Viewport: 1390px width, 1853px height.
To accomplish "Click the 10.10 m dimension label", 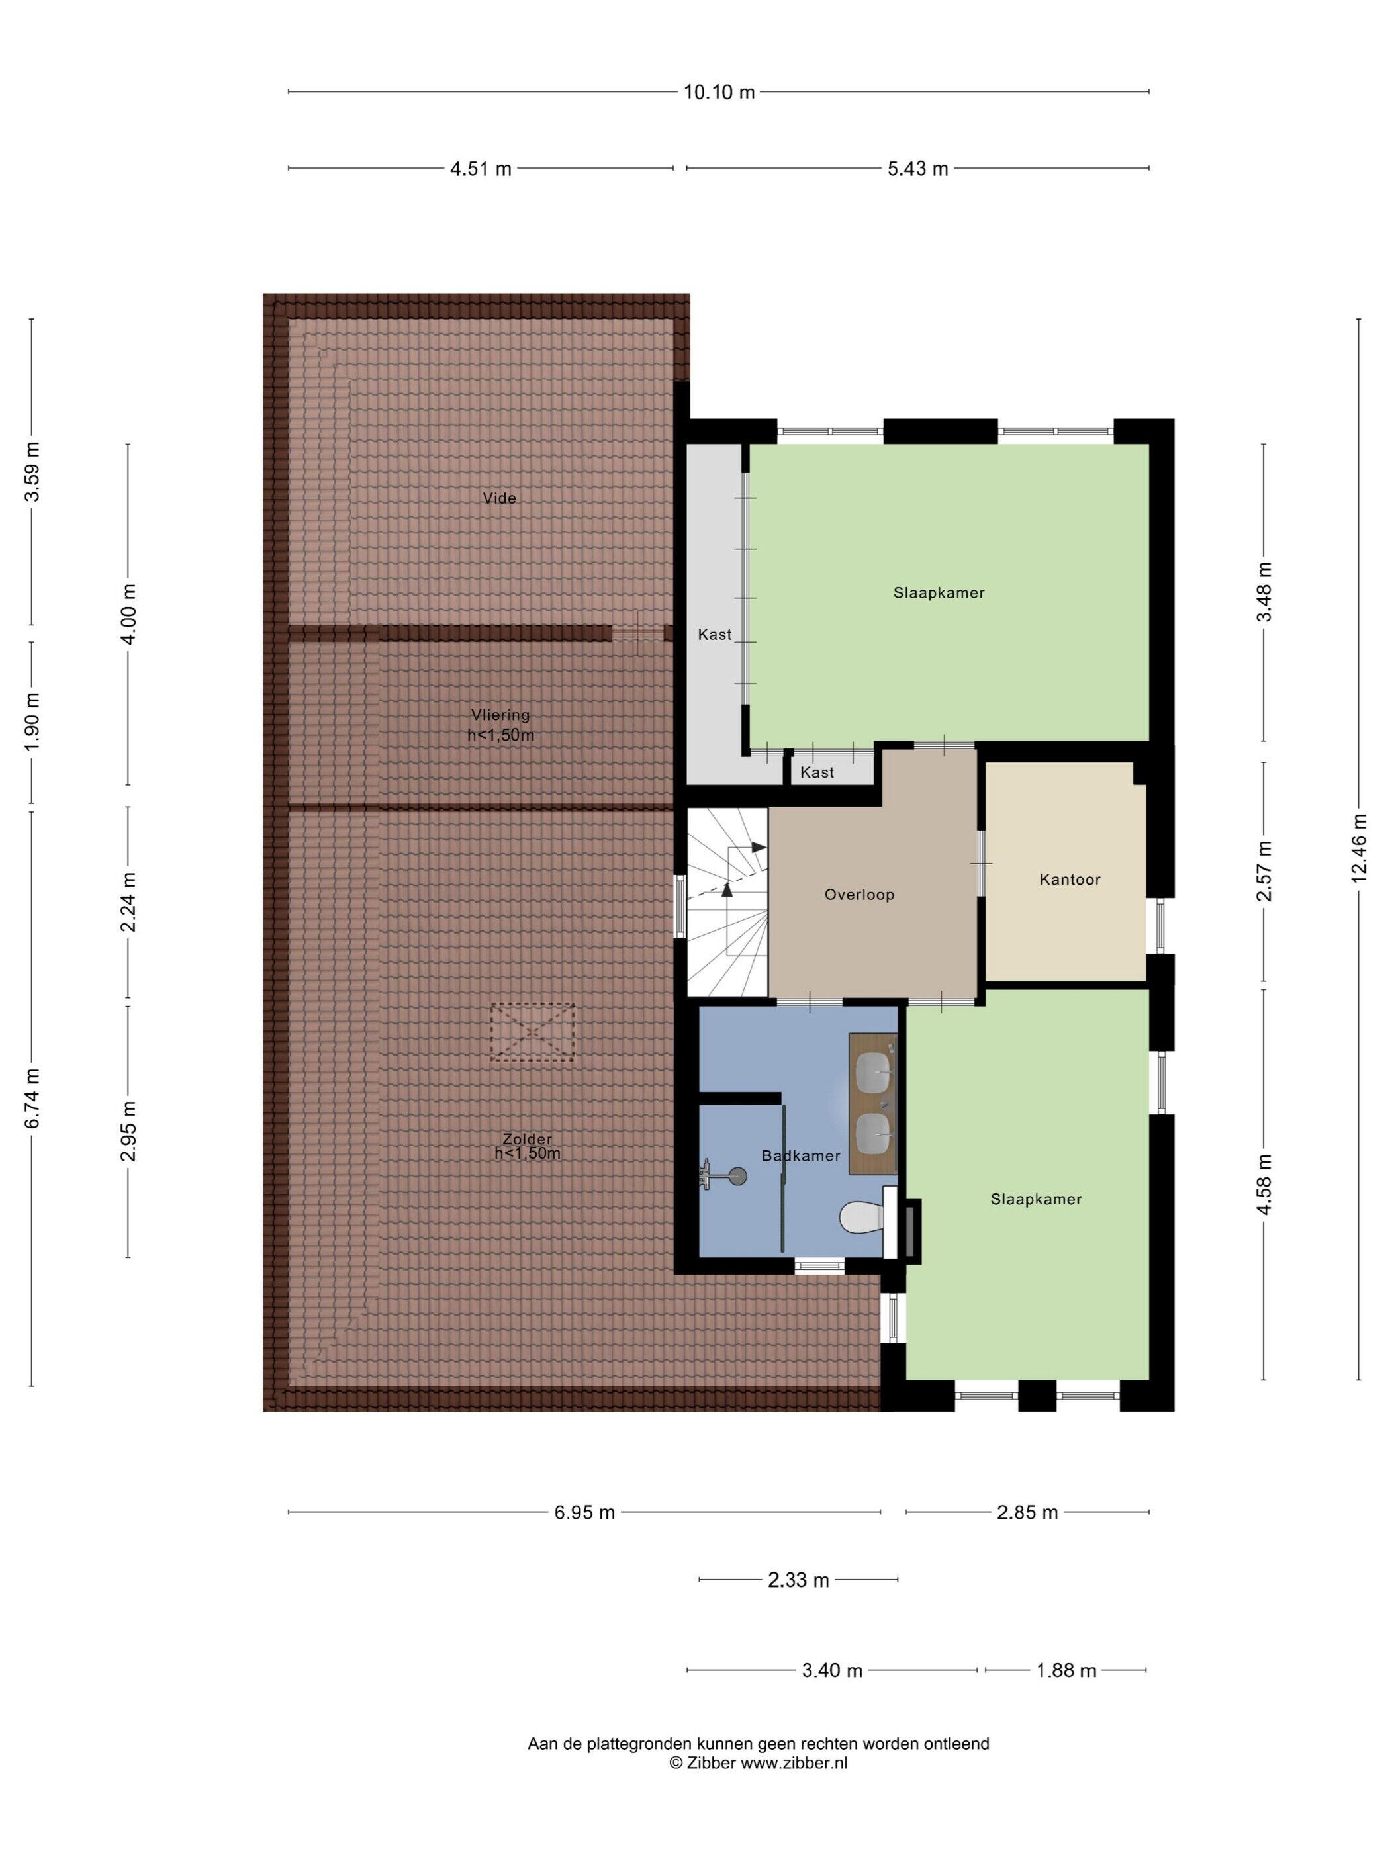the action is pyautogui.click(x=719, y=92).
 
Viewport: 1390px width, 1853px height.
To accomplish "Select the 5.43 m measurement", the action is pyautogui.click(x=917, y=168).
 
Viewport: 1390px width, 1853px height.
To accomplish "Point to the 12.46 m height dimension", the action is pyautogui.click(x=1358, y=847).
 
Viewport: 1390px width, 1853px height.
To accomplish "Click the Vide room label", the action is pyautogui.click(x=499, y=498).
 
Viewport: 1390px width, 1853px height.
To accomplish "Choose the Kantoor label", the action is pyautogui.click(x=1070, y=879).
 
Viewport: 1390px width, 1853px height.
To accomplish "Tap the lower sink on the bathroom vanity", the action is pyautogui.click(x=874, y=1131).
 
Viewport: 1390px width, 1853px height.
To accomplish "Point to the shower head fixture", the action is pyautogui.click(x=737, y=1176).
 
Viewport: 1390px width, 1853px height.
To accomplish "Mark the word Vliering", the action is pyautogui.click(x=500, y=715).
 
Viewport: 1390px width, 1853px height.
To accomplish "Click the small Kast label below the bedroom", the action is pyautogui.click(x=817, y=772).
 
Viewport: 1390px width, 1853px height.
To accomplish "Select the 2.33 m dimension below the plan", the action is pyautogui.click(x=798, y=1580).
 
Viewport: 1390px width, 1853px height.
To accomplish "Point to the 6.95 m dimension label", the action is pyautogui.click(x=584, y=1512).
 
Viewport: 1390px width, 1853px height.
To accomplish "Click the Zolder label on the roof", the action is pyautogui.click(x=527, y=1138).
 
